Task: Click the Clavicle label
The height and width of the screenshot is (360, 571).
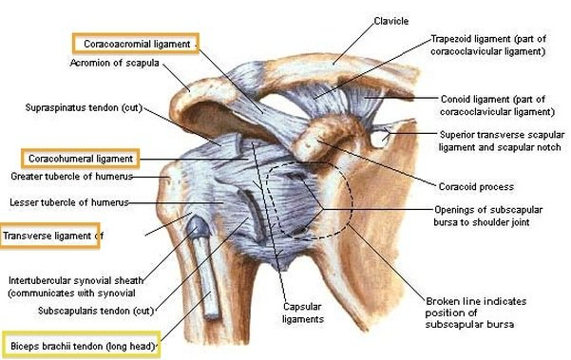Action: [390, 20]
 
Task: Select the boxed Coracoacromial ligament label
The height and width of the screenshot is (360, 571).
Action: [135, 44]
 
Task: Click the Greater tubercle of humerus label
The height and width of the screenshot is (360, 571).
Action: [71, 177]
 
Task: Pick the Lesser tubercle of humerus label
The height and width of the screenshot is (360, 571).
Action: [68, 202]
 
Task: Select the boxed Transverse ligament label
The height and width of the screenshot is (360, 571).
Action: [49, 236]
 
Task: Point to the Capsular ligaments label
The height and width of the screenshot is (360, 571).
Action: [303, 313]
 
